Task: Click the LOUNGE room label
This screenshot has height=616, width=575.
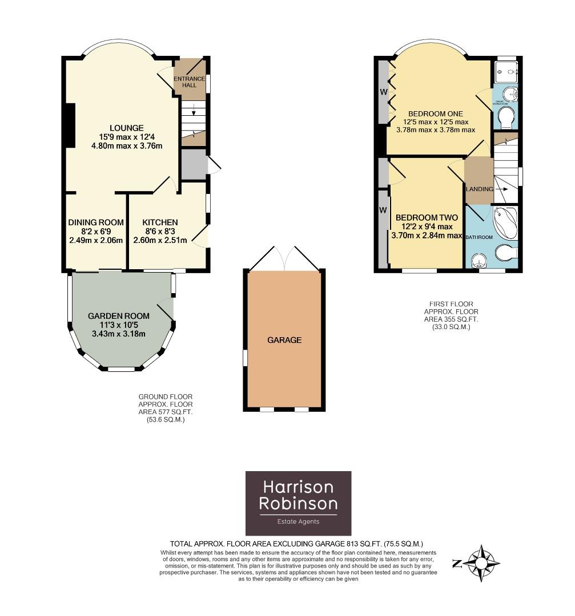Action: pos(127,128)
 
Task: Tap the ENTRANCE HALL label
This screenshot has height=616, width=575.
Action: pos(189,82)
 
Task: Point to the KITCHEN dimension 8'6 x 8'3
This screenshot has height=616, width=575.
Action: pos(160,232)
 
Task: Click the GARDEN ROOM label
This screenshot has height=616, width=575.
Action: pos(119,316)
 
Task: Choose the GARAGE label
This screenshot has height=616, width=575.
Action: pos(284,340)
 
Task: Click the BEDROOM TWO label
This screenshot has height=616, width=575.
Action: pos(427,217)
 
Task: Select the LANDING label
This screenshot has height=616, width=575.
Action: pos(479,189)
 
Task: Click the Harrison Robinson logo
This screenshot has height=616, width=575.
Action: pos(298,502)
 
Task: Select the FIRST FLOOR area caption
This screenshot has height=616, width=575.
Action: pos(451,316)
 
